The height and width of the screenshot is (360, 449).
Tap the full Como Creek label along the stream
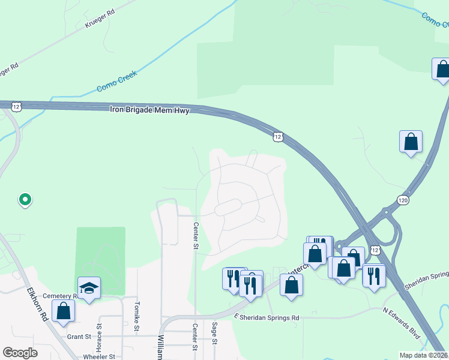(117, 82)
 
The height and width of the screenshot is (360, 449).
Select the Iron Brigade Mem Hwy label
(150, 110)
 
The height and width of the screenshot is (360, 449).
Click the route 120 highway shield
(402, 199)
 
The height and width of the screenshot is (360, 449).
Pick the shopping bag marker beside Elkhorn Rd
(63, 311)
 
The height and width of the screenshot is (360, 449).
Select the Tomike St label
(136, 317)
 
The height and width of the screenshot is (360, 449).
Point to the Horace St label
(100, 339)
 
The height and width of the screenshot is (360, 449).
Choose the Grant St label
(79, 337)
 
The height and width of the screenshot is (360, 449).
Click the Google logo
(20, 353)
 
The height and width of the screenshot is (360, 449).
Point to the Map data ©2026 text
(424, 355)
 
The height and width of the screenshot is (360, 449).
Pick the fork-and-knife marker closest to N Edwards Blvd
(373, 276)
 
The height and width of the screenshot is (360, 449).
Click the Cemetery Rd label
(67, 296)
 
